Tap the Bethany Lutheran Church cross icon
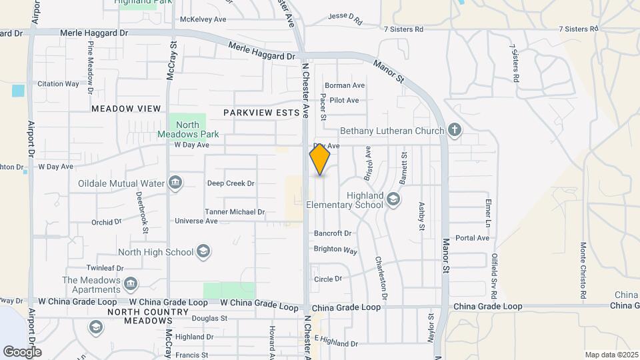tap(455, 130)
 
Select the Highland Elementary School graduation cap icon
tap(393, 199)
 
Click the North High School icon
tap(203, 252)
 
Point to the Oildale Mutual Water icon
tap(175, 183)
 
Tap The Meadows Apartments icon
tap(131, 285)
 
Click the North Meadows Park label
tap(187, 129)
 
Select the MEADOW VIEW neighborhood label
tap(126, 108)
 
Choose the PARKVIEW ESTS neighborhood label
tap(261, 113)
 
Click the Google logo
tap(22, 351)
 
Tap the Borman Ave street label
tap(345, 85)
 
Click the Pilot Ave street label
tap(344, 100)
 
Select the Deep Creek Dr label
tap(231, 183)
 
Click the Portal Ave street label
tap(473, 237)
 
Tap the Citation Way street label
tap(58, 84)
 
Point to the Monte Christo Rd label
tap(583, 269)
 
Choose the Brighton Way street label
tap(335, 250)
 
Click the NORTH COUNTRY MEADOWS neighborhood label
tap(148, 316)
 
